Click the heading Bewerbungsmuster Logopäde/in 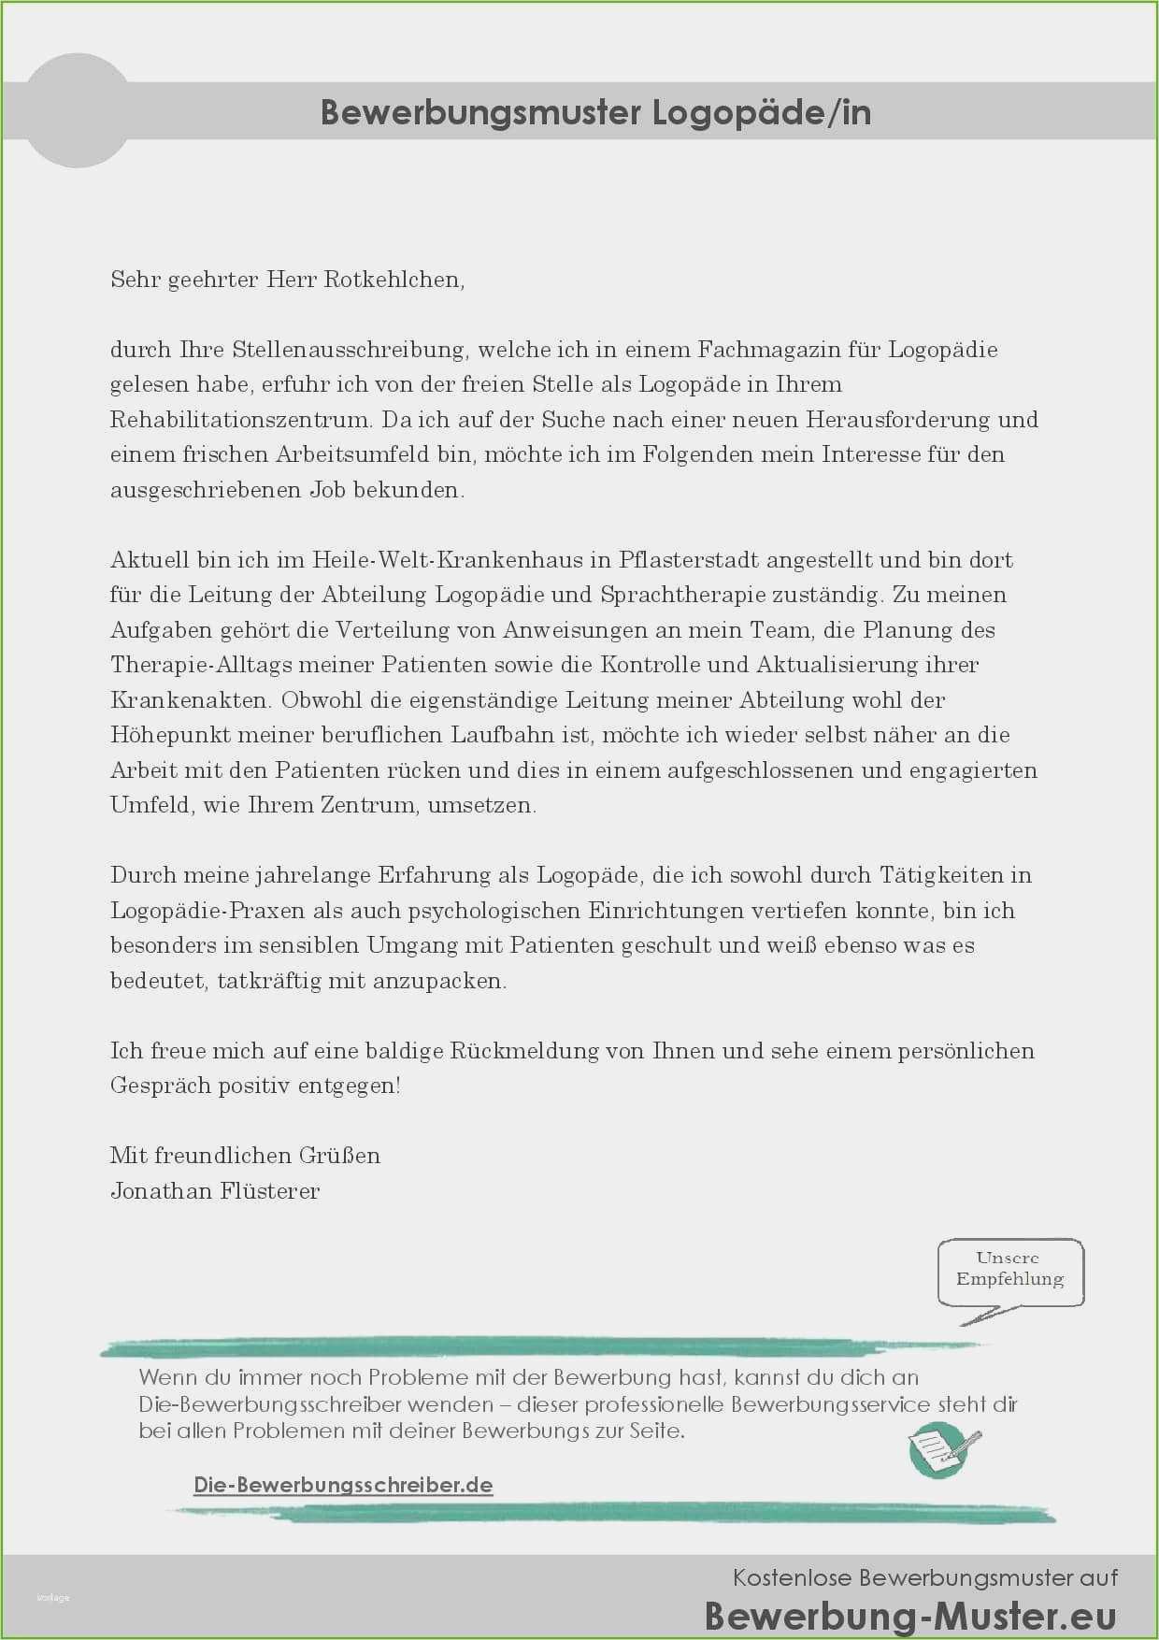(x=595, y=112)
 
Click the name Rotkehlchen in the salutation (x=393, y=280)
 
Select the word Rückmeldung (x=524, y=1051)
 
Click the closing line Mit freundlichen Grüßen (x=245, y=1156)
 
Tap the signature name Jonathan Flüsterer (x=215, y=1191)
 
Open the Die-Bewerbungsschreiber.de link (x=343, y=1485)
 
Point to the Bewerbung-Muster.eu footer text (x=910, y=1616)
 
